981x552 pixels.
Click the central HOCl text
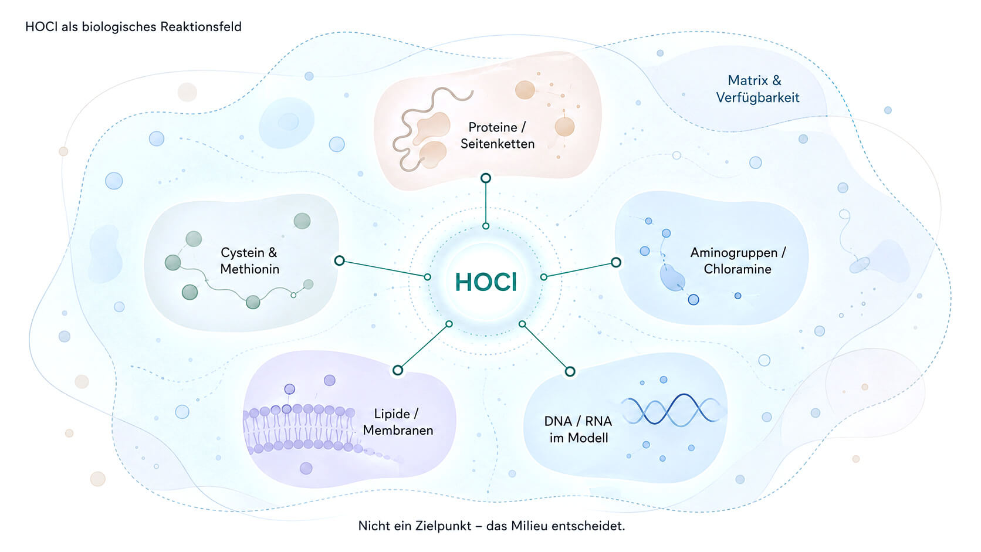point(486,282)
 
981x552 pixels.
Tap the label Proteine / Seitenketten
point(497,136)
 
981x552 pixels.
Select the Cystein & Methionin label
point(249,260)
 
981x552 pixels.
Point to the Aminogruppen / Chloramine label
point(738,260)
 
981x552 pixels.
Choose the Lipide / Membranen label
point(398,422)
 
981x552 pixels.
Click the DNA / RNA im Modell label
point(578,429)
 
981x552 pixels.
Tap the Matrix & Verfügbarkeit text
point(757,89)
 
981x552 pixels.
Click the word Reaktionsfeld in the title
point(201,27)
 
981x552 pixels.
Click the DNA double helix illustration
point(670,409)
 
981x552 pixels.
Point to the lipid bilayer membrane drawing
point(302,429)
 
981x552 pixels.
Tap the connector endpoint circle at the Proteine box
point(486,178)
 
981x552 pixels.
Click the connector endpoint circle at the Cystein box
point(339,261)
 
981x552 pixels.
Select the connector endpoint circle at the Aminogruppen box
point(615,262)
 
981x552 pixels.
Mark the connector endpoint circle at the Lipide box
point(398,370)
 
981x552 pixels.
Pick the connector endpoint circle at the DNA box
point(570,372)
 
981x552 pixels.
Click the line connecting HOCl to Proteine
point(486,203)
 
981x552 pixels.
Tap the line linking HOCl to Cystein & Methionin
point(384,269)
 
